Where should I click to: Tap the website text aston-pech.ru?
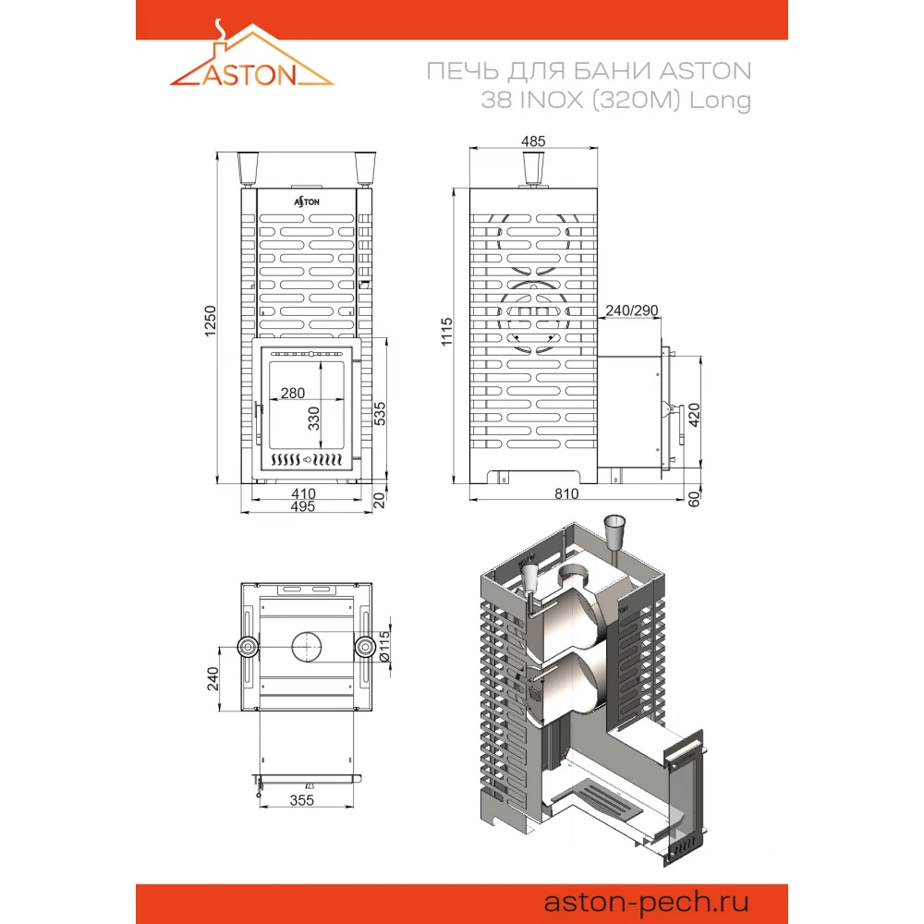click(648, 901)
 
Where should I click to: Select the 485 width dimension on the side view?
click(533, 141)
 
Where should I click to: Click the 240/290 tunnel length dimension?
click(631, 310)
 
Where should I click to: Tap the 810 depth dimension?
click(566, 493)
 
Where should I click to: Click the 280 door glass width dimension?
click(292, 394)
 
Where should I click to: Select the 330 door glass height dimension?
click(314, 417)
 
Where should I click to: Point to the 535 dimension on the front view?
click(380, 413)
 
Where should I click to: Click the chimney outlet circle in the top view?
click(306, 648)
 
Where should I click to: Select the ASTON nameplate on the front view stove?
click(307, 200)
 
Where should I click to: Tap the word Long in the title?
click(725, 101)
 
